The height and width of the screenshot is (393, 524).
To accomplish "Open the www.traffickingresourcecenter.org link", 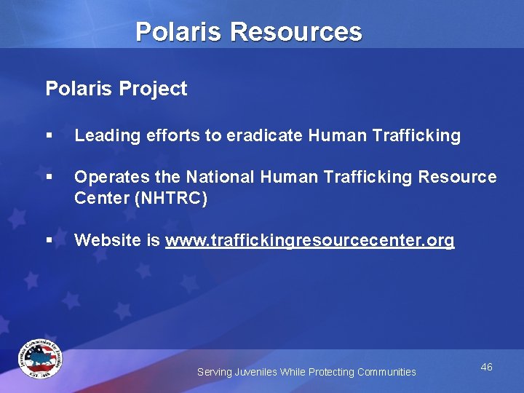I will point(309,241).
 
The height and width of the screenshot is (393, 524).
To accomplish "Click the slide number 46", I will point(486,367).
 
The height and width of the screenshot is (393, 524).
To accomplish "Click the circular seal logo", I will point(40,359).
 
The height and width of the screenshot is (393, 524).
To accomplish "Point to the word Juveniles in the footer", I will point(256,372).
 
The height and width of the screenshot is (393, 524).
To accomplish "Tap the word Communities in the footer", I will point(385,372).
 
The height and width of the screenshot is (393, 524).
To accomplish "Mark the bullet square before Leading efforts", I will point(49,136).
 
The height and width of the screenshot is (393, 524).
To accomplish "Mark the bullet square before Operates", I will point(49,178).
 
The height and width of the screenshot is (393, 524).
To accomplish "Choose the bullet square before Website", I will point(49,240).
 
